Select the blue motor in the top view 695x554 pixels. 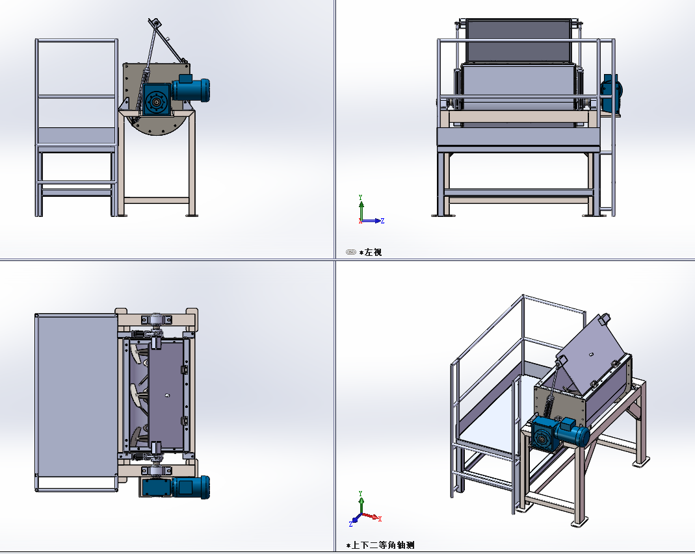pyautogui.click(x=190, y=487)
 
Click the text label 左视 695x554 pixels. pyautogui.click(x=373, y=253)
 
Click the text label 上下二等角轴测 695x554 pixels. pyautogui.click(x=383, y=545)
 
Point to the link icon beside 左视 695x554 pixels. pyautogui.click(x=350, y=252)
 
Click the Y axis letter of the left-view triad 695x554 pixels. pyautogui.click(x=360, y=197)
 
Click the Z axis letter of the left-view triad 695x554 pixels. pyautogui.click(x=382, y=221)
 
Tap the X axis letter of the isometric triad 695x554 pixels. pyautogui.click(x=380, y=518)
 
